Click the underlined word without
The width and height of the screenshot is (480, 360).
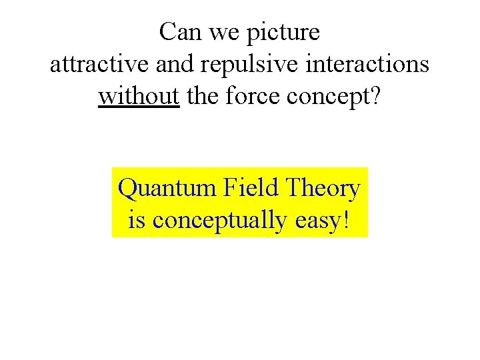[x=139, y=97]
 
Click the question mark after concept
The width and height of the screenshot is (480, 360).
[x=375, y=97]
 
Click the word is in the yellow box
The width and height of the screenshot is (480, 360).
[x=137, y=219]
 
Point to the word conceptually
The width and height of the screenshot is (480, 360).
[x=219, y=221]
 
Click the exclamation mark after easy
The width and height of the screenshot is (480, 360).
[x=345, y=219]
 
